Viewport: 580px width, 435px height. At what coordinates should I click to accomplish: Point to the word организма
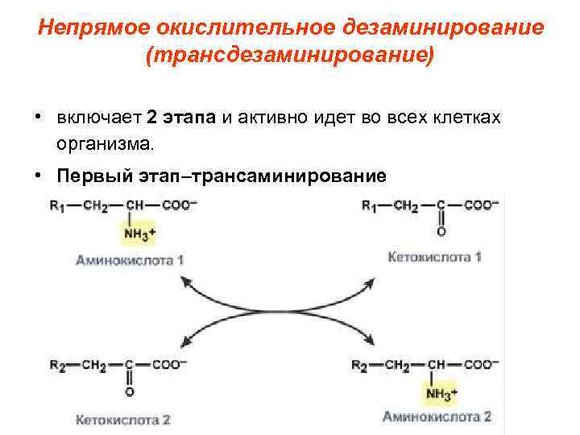coord(104,146)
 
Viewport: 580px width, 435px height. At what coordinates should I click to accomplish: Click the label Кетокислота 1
coord(434,258)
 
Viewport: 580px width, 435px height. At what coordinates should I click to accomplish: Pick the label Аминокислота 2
coord(436,416)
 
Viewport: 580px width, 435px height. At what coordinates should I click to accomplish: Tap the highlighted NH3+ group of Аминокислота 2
coord(440,393)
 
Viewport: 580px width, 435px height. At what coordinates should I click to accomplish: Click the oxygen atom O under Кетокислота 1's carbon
coord(441,232)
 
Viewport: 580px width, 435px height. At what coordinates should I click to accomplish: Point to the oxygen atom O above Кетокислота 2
coord(129,392)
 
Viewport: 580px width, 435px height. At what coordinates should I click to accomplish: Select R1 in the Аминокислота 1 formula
coord(57,206)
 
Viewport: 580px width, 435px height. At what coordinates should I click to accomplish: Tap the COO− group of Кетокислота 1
coord(481,206)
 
